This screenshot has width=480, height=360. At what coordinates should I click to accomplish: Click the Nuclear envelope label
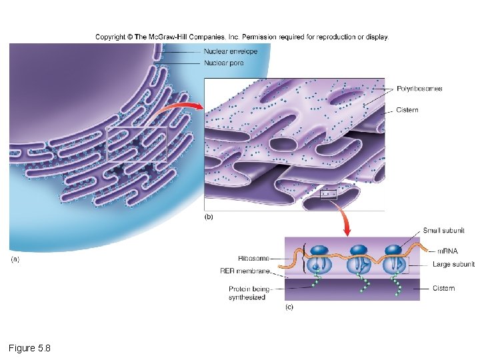(x=230, y=52)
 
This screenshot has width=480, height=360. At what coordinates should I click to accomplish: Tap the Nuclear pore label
(x=223, y=63)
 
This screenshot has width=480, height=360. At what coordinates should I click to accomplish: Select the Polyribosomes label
(x=419, y=89)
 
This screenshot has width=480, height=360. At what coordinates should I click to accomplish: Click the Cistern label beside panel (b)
(x=407, y=110)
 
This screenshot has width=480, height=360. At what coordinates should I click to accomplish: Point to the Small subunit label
(x=443, y=231)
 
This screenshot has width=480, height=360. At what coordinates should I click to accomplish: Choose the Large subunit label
(x=453, y=265)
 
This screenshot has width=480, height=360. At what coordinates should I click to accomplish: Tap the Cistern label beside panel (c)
(x=443, y=288)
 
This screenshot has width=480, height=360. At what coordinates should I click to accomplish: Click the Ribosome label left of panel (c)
(x=253, y=258)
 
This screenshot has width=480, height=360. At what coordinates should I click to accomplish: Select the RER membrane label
(x=245, y=271)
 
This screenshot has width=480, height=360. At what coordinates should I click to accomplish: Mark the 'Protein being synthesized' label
(x=249, y=293)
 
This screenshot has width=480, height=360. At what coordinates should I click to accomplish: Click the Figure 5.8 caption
(x=29, y=348)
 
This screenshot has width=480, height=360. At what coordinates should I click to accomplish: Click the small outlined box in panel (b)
(x=329, y=195)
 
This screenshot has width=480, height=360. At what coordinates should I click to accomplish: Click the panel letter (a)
(x=15, y=259)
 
